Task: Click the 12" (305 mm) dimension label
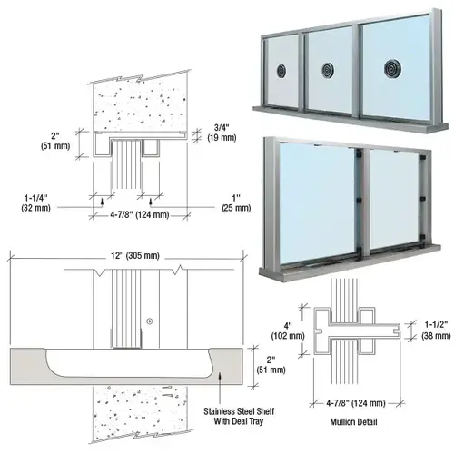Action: point(135,256)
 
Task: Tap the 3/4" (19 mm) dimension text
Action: point(222,133)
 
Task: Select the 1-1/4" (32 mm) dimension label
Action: point(36,202)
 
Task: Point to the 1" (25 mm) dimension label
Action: point(236,202)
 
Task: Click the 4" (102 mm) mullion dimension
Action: point(288,331)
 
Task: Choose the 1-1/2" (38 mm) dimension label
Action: point(436,330)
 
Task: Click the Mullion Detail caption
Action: point(353,421)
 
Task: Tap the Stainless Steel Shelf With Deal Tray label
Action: point(239,416)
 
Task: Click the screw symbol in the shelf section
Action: point(150,321)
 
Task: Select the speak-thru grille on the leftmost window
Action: point(281,71)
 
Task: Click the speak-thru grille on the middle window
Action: point(328,71)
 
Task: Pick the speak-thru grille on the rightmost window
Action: point(391,69)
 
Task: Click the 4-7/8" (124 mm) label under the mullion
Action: point(356,403)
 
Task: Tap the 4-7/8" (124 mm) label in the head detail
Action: point(140,215)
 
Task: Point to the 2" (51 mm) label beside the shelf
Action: point(271,365)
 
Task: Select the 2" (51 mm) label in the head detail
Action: point(55,141)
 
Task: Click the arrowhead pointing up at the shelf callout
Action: point(220,376)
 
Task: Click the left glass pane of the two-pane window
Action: point(317,203)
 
